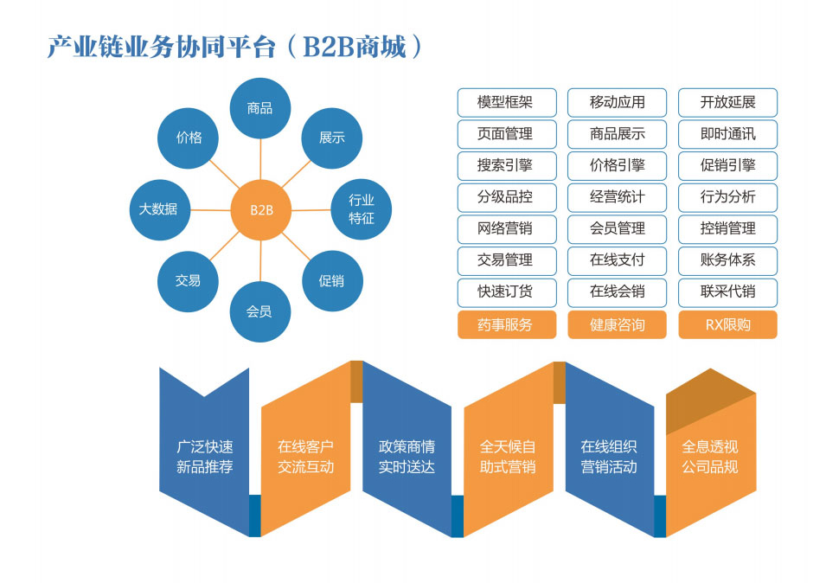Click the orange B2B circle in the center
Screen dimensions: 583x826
point(260,209)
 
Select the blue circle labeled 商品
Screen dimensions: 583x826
point(259,108)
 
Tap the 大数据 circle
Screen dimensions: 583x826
point(158,208)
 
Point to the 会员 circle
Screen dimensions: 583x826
point(259,311)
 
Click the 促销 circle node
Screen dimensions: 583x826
point(331,280)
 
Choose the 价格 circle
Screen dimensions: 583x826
point(189,137)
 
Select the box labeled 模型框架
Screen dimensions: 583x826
point(505,102)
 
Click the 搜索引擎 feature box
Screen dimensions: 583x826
point(505,165)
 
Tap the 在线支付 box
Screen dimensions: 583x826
point(617,259)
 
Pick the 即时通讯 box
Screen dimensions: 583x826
point(727,134)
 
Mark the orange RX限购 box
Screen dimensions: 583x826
point(727,324)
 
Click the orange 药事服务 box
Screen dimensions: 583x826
point(505,324)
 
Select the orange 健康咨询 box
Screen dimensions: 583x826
point(617,324)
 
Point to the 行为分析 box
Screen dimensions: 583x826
point(727,197)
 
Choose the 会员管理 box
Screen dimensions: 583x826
point(617,228)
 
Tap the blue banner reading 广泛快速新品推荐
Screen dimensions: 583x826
point(205,457)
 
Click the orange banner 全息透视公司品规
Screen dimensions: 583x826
point(710,457)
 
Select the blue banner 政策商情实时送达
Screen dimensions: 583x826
point(407,457)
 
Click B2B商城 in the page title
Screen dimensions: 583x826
point(354,47)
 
